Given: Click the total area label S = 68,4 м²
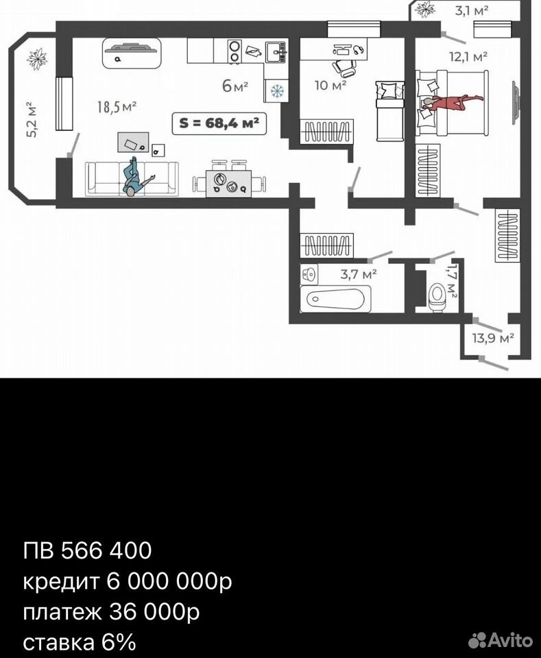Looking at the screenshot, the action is pos(219,123).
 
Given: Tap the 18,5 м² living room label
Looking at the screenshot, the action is pos(117,107).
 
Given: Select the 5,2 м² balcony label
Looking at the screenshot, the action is pos(32,119).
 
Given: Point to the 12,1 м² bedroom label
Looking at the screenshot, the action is pos(468,56).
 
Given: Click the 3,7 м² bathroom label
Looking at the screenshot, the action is pos(359,274).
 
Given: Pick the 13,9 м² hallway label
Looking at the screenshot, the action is pos(493,338).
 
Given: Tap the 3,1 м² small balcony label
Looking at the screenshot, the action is pos(472,11).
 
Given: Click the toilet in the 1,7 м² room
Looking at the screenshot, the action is pos(437,297).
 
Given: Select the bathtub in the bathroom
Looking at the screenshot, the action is pos(336,300).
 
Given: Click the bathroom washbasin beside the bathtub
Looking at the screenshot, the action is pos(310,274).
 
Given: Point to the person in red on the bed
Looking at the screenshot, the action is pos(450,102).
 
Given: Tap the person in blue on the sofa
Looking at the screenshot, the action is pos(136,177).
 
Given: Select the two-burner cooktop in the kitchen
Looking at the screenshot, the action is pos(235,51).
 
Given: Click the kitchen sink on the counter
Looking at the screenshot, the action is pos(276,51).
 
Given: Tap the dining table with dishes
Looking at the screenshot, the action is pos(228,184).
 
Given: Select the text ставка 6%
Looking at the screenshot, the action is pos(80,643).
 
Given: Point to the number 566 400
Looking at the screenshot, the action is pos(106,550).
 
